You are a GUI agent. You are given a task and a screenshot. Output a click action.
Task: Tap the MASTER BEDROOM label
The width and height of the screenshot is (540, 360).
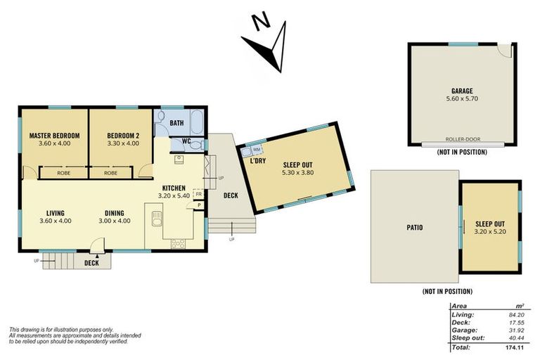54,135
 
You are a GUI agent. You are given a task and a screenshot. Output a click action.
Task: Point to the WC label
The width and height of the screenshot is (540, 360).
186,141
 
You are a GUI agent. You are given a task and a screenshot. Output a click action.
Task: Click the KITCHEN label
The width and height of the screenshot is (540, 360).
174,188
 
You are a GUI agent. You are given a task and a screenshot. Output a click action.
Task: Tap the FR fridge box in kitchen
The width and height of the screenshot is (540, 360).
199,193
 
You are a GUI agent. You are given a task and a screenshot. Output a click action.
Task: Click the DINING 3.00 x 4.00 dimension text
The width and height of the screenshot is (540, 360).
117,220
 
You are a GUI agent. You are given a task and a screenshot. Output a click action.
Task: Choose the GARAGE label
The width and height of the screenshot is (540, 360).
462,91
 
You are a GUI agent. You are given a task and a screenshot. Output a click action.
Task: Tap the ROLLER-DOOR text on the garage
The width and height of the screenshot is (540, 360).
462,139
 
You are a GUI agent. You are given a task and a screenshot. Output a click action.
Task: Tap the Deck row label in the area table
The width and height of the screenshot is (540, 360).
462,322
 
